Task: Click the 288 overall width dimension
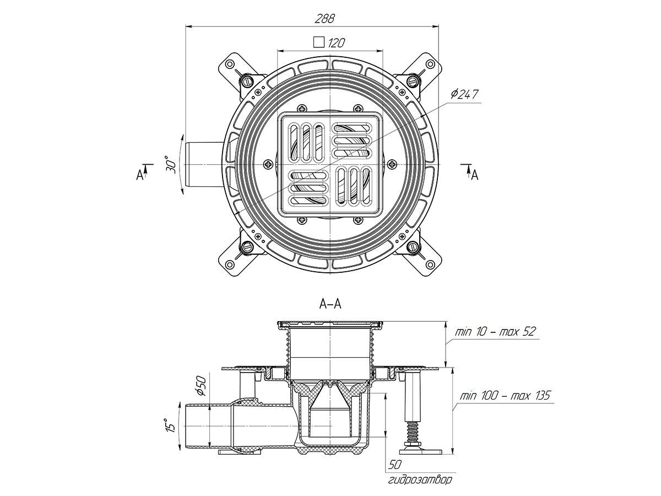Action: [325, 18]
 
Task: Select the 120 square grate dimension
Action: [337, 42]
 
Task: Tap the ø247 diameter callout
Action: [464, 94]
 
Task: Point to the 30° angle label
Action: [171, 165]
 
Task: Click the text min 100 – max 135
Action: [503, 396]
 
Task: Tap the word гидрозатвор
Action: [419, 479]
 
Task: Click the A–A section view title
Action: [330, 304]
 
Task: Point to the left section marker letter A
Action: [139, 175]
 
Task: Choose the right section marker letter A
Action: [474, 175]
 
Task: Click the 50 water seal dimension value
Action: [394, 464]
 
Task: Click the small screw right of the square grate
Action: [392, 164]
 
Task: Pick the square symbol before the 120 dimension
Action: [317, 42]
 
